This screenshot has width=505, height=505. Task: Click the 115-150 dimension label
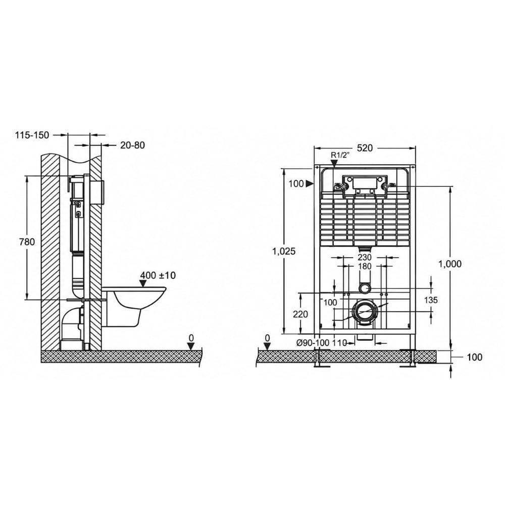[x=32, y=135]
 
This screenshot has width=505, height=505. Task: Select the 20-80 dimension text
[x=133, y=145]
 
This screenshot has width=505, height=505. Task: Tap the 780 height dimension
[x=27, y=241]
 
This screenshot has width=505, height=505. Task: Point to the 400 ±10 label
[x=158, y=275]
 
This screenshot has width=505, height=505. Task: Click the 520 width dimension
[x=365, y=148]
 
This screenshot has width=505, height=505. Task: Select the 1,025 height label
[x=284, y=251]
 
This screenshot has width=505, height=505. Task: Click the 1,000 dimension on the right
[x=450, y=264]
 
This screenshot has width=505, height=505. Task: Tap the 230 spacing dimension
[x=365, y=258]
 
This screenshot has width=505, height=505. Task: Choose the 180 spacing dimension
[x=365, y=266]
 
